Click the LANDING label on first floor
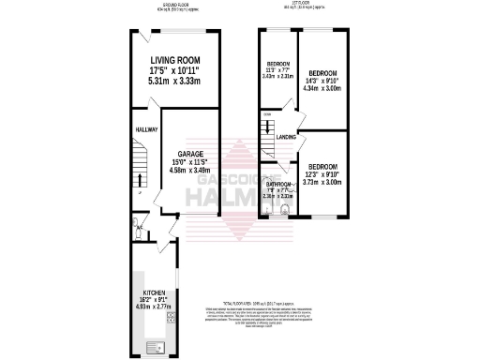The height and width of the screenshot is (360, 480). (287, 138)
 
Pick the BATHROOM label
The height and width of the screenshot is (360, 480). (278, 185)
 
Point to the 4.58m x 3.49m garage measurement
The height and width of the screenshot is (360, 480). (191, 171)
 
